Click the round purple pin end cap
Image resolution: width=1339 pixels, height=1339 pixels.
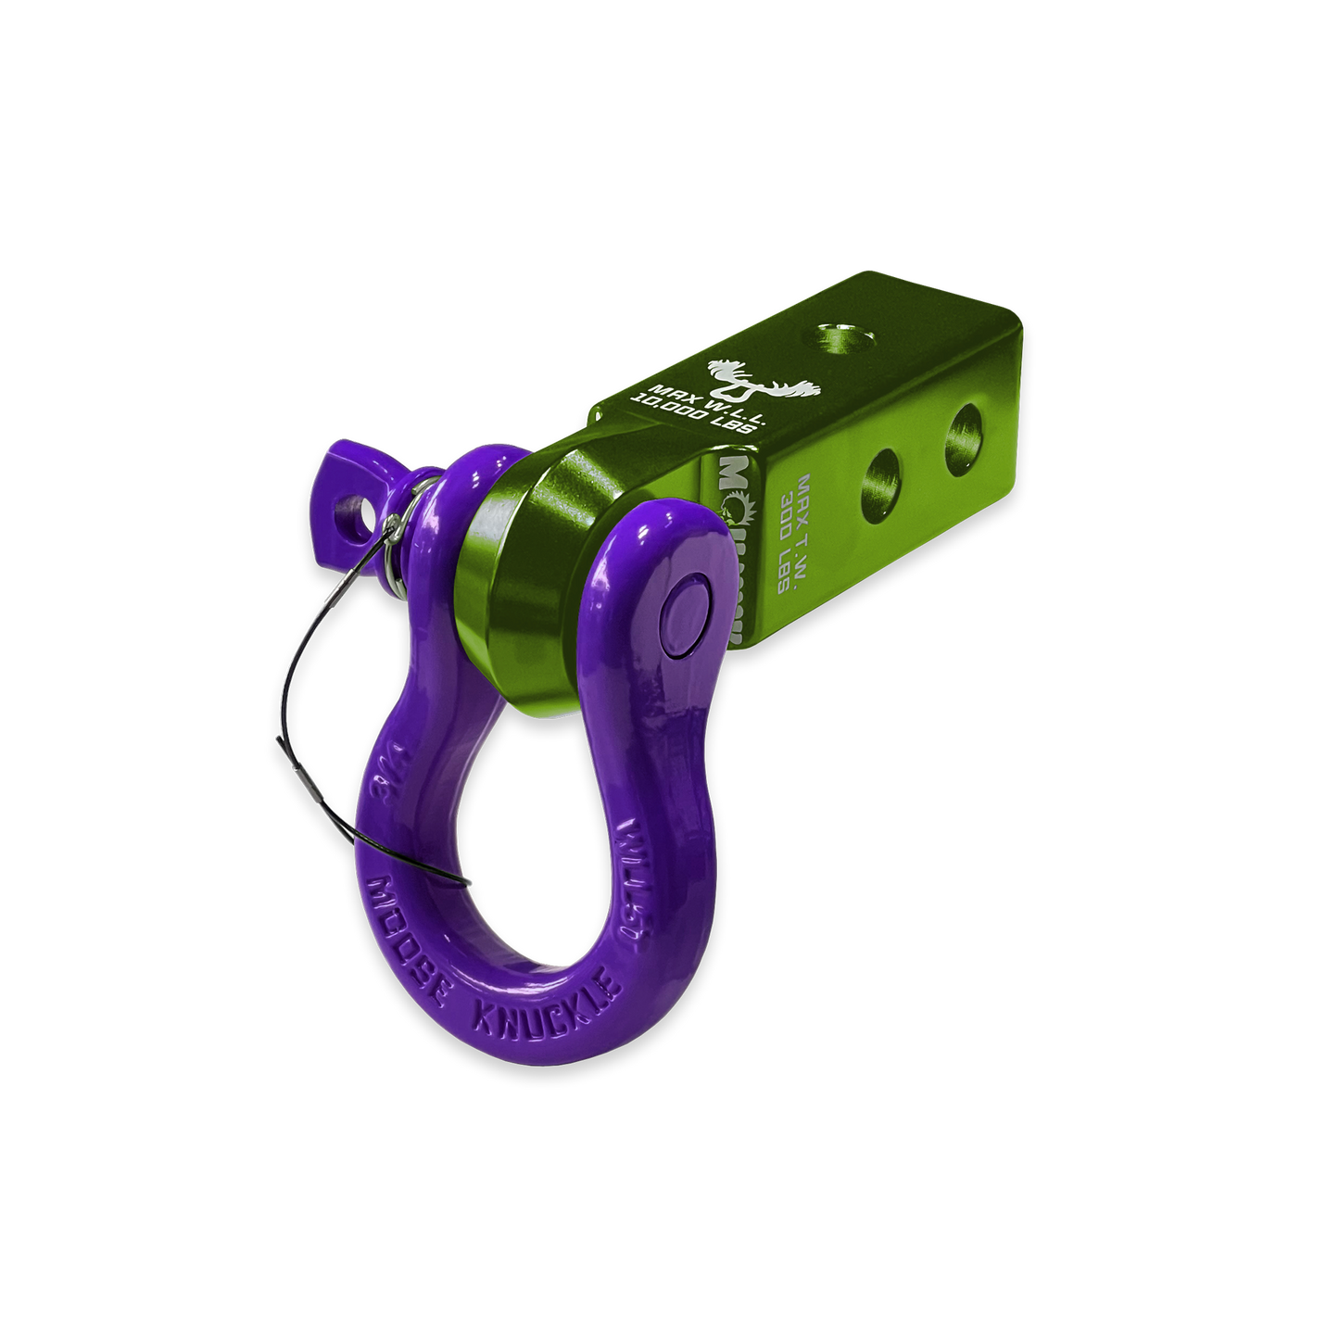pyautogui.click(x=686, y=617)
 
